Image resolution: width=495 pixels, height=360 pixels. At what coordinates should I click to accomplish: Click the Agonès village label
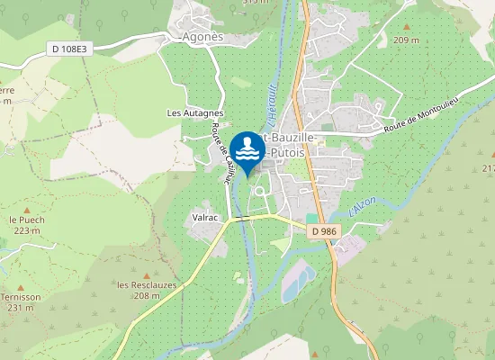point(202,37)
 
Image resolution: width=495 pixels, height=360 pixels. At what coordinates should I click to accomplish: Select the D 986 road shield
point(325,232)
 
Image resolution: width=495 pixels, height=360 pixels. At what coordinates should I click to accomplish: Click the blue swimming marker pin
point(247,149)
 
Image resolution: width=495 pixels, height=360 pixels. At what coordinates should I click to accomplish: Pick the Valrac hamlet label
point(207,217)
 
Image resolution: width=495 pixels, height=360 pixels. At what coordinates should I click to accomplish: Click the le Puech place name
point(26,220)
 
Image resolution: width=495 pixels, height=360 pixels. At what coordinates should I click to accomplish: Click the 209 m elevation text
point(407,40)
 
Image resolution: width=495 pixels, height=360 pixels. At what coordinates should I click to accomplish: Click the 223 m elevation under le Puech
point(27,231)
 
